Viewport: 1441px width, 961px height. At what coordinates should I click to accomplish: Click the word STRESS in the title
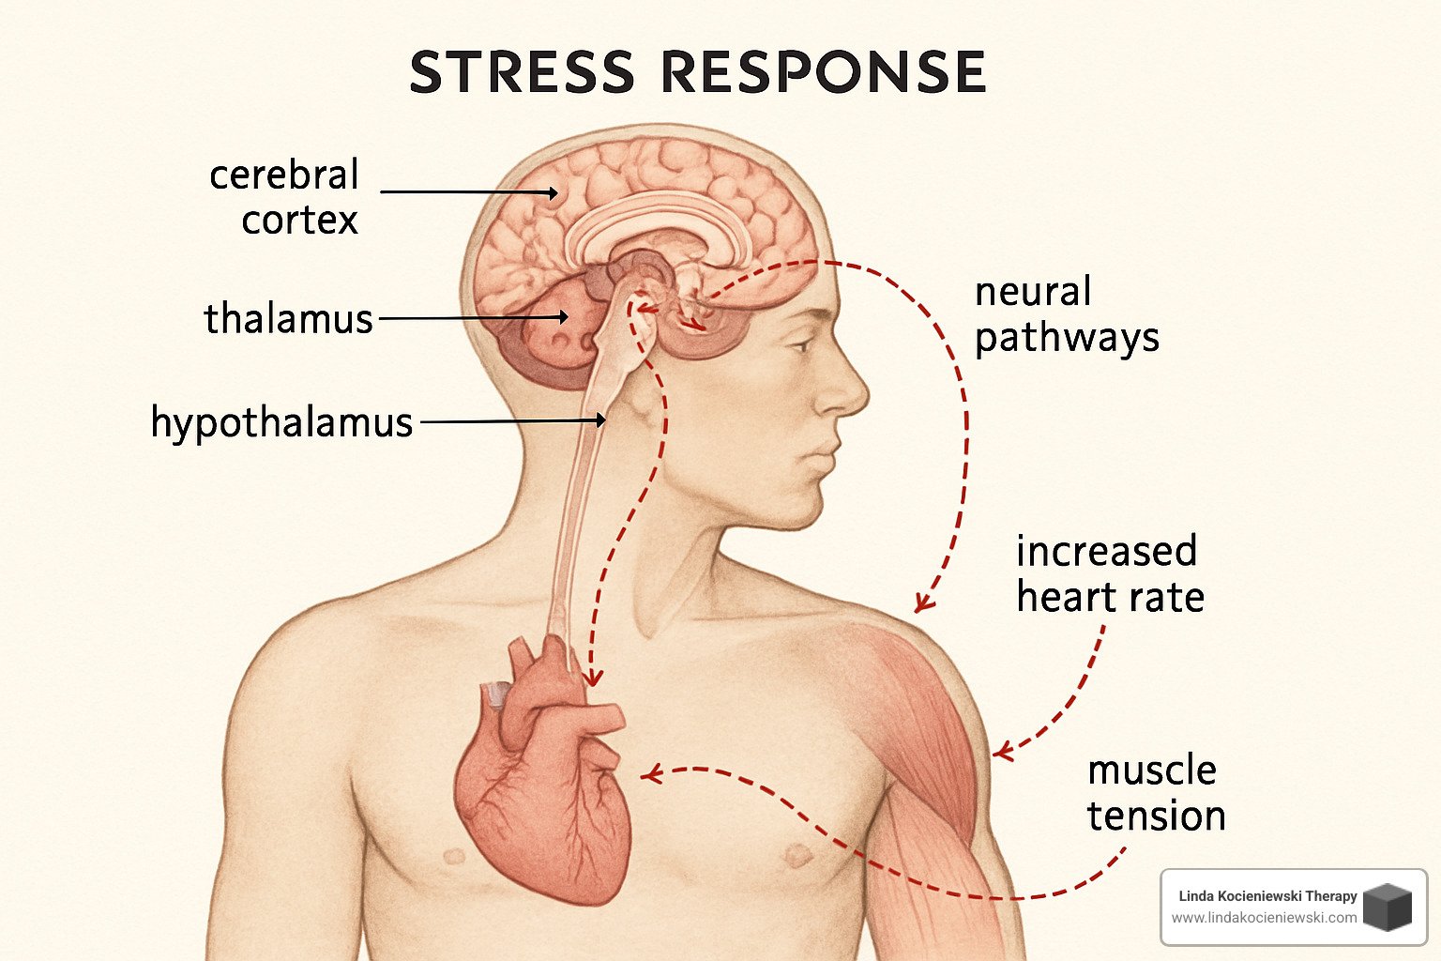tap(522, 72)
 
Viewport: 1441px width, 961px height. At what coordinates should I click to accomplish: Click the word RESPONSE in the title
tap(823, 72)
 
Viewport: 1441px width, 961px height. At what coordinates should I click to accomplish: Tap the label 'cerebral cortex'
tap(284, 197)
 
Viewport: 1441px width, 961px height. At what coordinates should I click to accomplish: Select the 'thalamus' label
tap(289, 319)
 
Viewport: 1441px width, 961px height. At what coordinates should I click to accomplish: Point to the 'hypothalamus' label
tap(281, 422)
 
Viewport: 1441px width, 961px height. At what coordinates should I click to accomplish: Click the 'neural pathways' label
tap(1067, 314)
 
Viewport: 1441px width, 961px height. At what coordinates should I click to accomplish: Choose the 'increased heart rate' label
tap(1109, 574)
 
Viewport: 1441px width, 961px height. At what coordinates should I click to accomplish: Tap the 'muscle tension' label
tap(1156, 793)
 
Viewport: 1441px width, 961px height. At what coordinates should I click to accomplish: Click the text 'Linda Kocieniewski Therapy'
tap(1267, 896)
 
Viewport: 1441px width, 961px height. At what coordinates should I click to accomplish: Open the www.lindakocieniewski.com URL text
tap(1264, 918)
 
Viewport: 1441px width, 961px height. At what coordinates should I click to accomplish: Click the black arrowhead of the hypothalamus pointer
tap(599, 420)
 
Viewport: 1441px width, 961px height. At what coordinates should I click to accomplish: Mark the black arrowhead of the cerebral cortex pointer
tap(553, 192)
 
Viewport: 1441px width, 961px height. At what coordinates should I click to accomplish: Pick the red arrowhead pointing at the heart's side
tap(649, 773)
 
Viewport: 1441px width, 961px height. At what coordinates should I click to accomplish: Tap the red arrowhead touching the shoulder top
tap(924, 603)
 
